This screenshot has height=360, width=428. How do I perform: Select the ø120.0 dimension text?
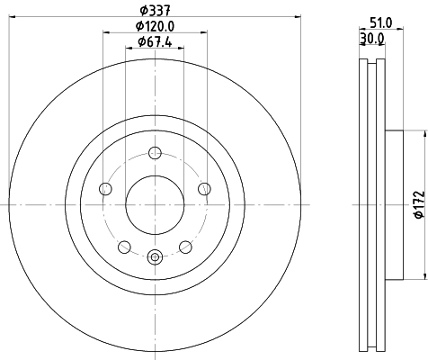[x=154, y=28]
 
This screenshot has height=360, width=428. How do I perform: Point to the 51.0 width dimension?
[x=380, y=24]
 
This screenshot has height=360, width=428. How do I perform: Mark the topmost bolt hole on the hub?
[x=154, y=152]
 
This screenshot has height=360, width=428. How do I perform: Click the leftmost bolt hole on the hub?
[x=104, y=188]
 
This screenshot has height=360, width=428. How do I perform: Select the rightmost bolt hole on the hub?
[x=204, y=188]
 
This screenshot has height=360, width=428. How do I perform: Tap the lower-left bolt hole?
[x=123, y=247]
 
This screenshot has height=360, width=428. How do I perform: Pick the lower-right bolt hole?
[x=185, y=247]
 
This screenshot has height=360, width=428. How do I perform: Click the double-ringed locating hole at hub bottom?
[x=154, y=256]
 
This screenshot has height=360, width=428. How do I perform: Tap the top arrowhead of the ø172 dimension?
[x=422, y=132]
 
